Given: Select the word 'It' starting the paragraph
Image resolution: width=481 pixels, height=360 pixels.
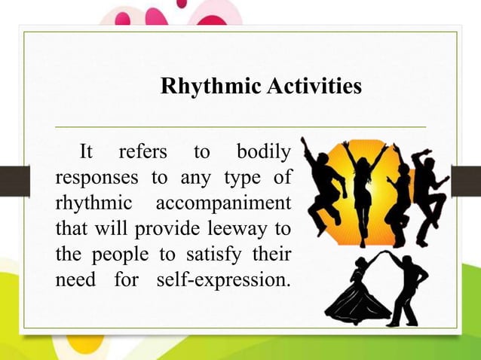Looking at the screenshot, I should pyautogui.click(x=87, y=152).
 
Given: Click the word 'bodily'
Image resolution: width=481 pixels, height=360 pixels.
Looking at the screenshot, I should pyautogui.click(x=263, y=152).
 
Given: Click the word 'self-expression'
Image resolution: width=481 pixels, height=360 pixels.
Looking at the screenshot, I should pyautogui.click(x=224, y=281).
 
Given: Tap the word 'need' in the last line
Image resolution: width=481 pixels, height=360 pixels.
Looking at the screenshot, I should pyautogui.click(x=75, y=281).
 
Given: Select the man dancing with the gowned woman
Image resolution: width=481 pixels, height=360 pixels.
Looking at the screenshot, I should pyautogui.click(x=408, y=290).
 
